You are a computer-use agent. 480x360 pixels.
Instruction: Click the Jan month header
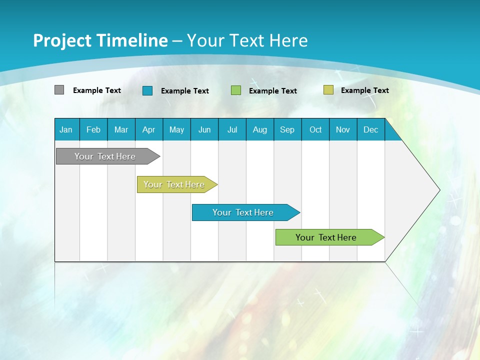(66, 129)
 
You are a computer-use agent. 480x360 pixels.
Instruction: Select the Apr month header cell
(148, 129)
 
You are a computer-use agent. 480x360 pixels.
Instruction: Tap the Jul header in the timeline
(232, 129)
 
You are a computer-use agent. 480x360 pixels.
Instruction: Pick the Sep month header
(287, 129)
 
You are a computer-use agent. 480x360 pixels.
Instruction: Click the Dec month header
(370, 129)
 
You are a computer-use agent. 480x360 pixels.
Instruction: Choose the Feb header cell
(93, 129)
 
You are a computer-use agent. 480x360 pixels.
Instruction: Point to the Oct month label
(315, 129)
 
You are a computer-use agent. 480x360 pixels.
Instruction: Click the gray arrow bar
(105, 156)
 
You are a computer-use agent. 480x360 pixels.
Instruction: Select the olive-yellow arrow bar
(174, 184)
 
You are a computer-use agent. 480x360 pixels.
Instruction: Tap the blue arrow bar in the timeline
(243, 212)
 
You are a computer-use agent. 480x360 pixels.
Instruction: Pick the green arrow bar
(326, 237)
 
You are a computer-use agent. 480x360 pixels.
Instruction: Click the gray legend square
(59, 90)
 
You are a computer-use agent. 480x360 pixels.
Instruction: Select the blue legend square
(147, 90)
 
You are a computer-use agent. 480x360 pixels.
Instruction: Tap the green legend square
(236, 90)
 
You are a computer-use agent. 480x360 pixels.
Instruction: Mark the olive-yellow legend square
(328, 90)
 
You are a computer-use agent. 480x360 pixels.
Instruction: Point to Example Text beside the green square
(272, 90)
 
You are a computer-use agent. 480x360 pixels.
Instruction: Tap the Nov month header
(343, 129)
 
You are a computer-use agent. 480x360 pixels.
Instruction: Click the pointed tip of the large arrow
(438, 190)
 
